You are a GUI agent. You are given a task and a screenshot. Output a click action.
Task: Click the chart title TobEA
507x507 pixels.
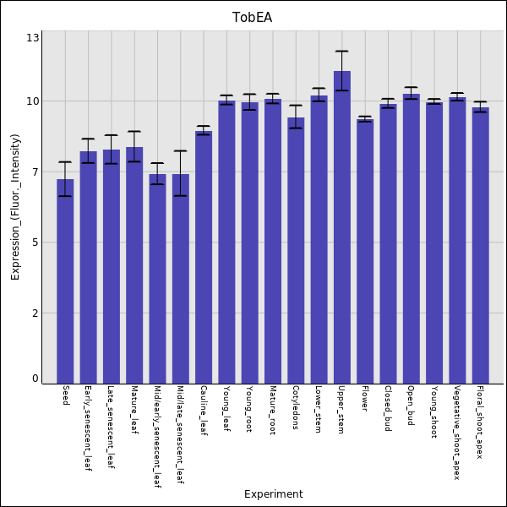[253, 17]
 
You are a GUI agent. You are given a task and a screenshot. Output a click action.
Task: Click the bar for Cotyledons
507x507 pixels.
[296, 250]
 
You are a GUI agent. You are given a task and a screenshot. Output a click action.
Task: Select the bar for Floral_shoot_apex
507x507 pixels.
[480, 245]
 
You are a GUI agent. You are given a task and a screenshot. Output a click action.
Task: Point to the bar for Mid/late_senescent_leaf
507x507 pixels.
[181, 278]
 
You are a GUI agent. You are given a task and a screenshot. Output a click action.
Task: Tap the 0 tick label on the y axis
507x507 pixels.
[35, 379]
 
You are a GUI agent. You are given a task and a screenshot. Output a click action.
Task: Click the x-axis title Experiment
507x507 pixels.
[273, 494]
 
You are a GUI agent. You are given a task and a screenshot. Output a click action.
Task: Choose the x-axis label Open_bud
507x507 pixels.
[412, 406]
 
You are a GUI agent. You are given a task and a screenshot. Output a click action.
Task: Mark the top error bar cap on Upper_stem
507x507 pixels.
[341, 52]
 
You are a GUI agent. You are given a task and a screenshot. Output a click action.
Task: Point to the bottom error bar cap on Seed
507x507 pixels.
[65, 196]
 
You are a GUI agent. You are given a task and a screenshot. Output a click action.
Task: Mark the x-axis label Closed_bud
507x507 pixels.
[388, 409]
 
